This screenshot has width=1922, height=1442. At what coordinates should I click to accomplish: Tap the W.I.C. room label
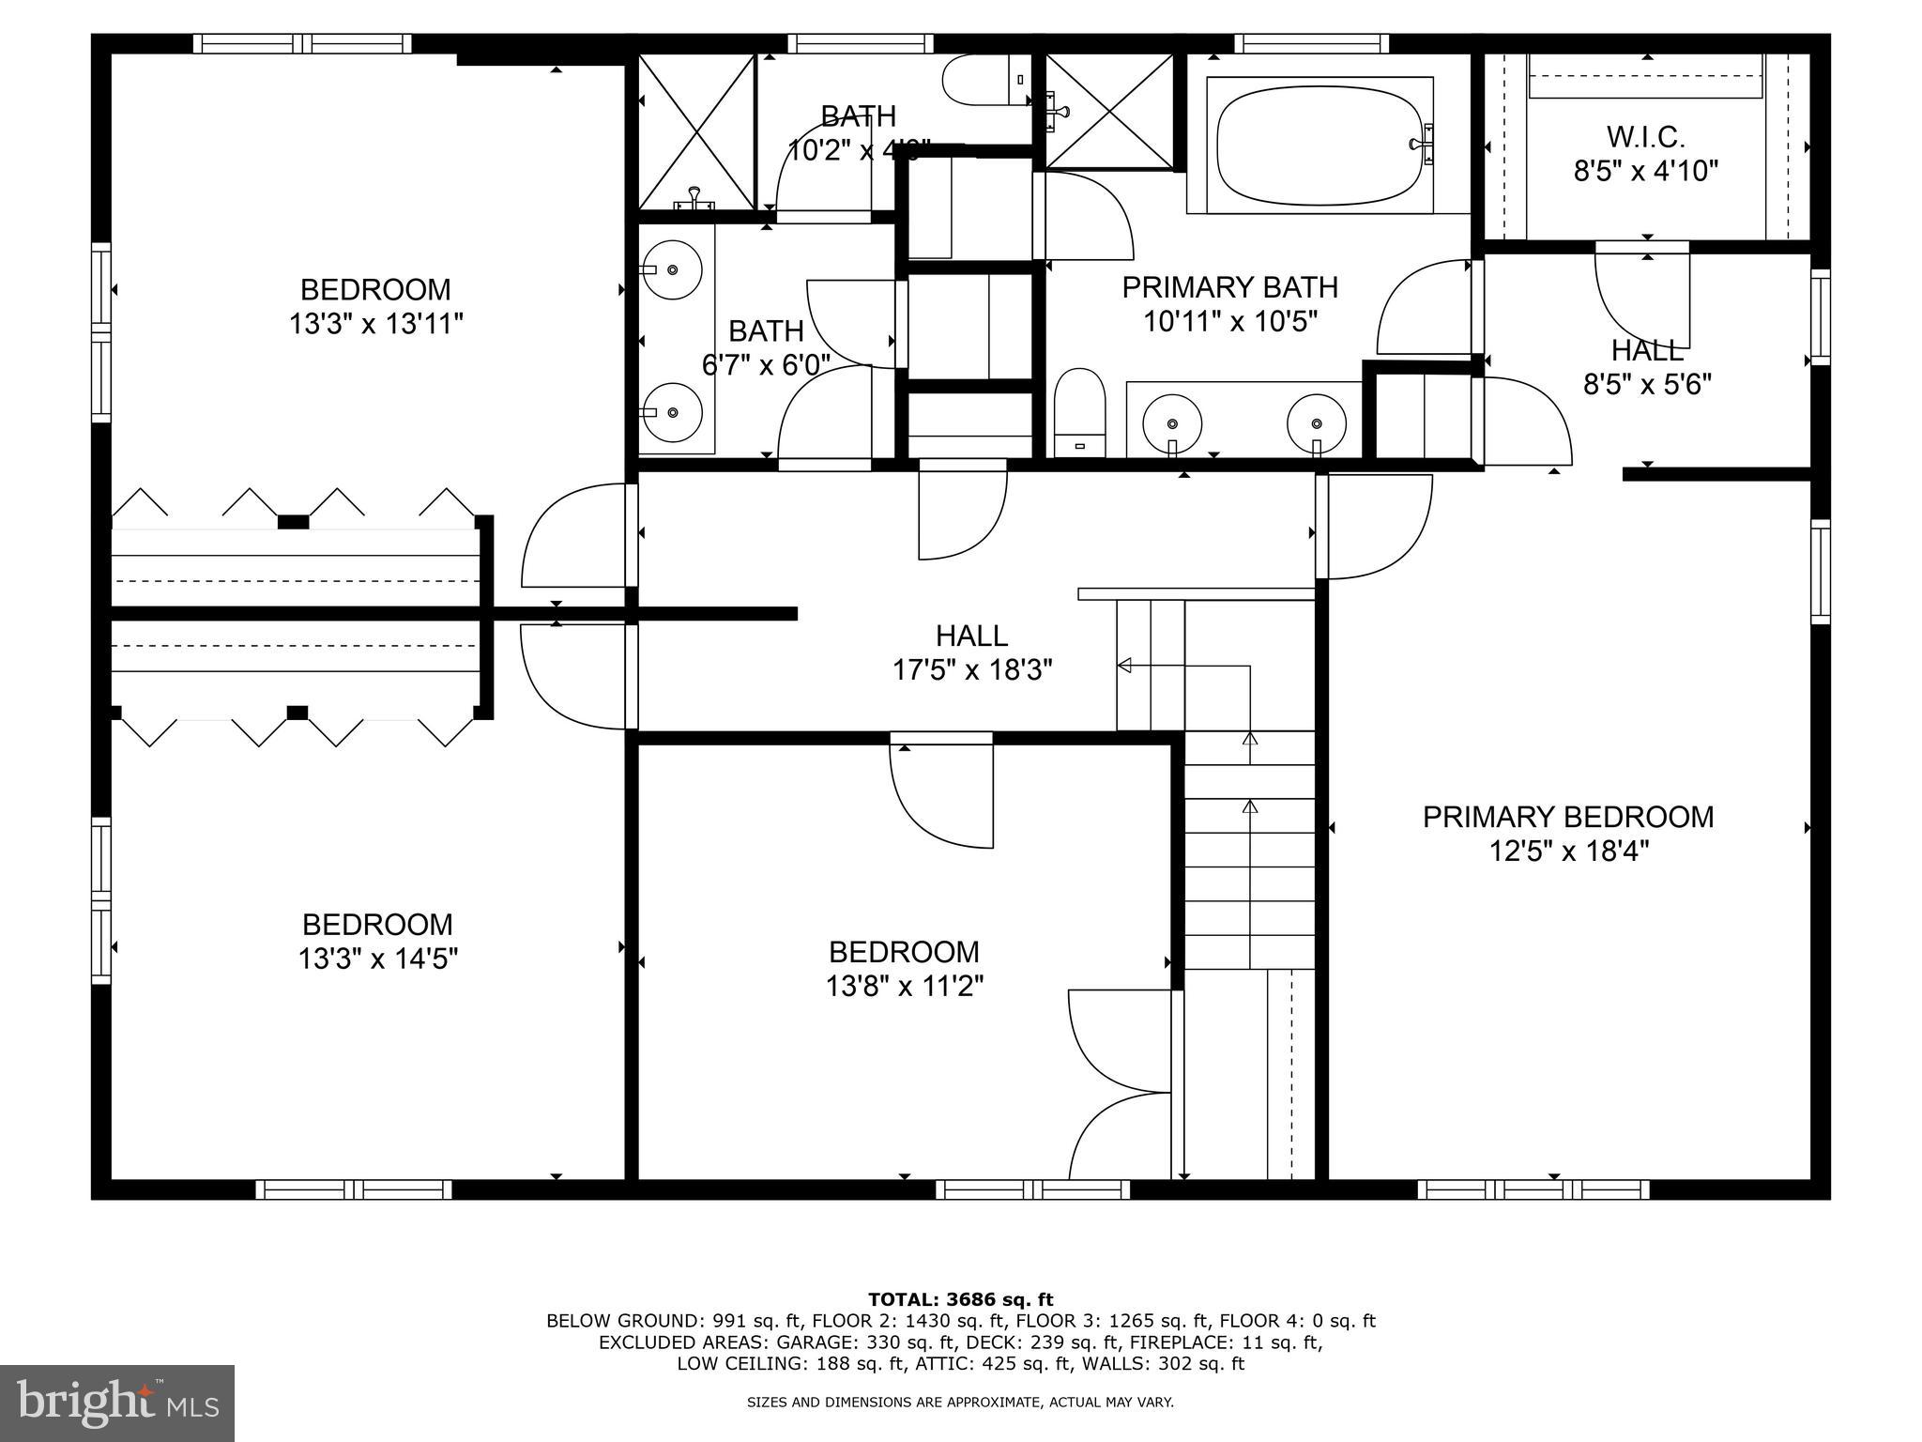1645,137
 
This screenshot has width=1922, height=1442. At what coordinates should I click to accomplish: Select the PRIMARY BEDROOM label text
1567,817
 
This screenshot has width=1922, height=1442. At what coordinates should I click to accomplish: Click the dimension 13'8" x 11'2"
904,987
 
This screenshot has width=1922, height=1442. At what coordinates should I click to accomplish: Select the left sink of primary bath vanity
1171,424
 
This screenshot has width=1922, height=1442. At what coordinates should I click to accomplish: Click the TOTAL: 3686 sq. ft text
960,1300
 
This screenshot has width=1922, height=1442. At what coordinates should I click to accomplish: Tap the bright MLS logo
116,1403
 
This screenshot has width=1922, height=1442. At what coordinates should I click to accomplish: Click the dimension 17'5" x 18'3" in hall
971,670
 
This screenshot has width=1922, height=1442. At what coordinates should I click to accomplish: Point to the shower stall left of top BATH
696,131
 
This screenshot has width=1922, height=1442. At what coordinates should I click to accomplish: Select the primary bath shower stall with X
1108,111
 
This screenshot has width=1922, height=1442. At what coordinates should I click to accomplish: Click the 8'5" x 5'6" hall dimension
1647,385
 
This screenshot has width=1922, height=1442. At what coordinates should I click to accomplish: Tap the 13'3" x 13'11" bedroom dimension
375,325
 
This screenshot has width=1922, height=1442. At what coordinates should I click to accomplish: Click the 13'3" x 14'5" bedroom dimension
377,959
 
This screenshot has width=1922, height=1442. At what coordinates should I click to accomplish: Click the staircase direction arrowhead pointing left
1124,666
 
